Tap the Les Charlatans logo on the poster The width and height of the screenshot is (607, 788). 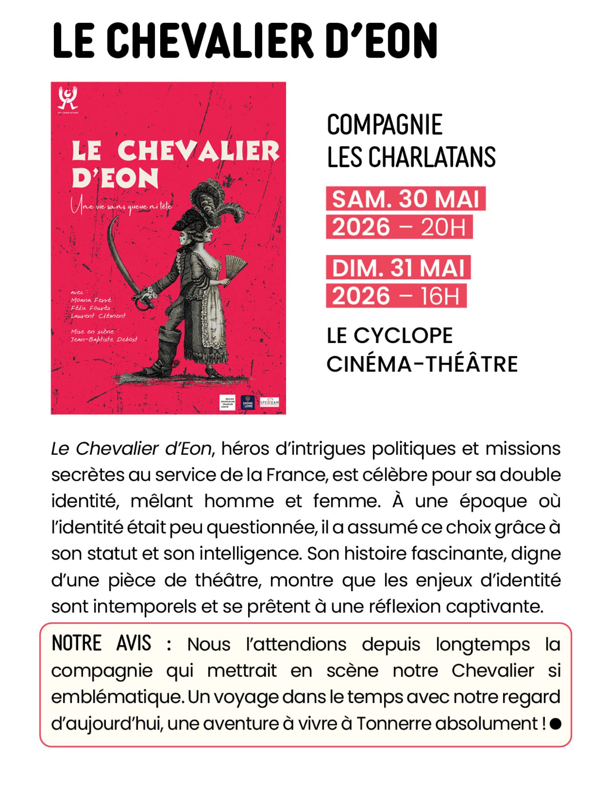click(67, 98)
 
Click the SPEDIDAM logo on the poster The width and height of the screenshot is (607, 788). click(269, 402)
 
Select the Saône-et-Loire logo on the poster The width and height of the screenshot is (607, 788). click(247, 402)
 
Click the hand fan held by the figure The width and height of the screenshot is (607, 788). click(235, 266)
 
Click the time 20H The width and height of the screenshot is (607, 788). click(443, 227)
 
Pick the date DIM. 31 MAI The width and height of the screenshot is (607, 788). click(398, 268)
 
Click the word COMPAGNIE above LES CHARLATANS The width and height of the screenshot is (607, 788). click(384, 125)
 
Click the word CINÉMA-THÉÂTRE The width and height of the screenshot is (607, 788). click(421, 364)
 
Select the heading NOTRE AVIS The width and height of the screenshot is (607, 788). click(101, 644)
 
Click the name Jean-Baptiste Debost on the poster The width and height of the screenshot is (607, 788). click(104, 339)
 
